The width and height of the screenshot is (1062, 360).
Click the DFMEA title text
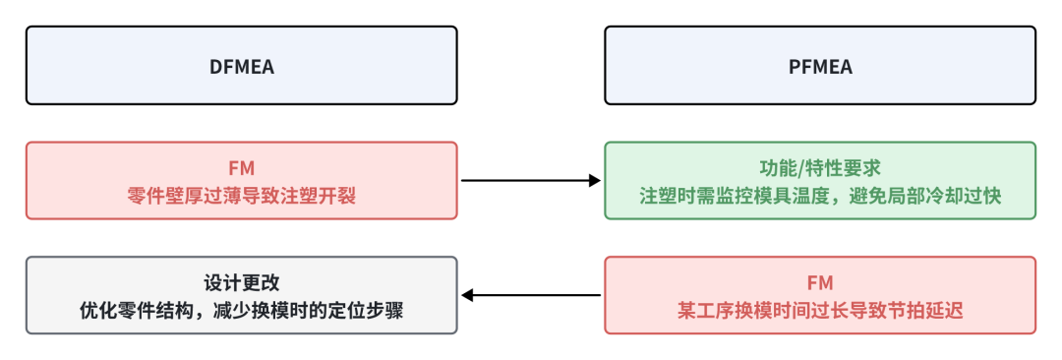241,67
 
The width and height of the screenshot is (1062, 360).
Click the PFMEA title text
820,67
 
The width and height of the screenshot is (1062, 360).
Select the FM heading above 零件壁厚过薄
241,168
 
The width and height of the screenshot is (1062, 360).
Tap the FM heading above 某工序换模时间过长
820,283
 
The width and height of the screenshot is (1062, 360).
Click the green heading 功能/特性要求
820,168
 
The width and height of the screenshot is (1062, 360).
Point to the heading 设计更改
241,283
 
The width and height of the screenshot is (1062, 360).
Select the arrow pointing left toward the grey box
531,295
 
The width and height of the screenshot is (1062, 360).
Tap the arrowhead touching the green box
594,181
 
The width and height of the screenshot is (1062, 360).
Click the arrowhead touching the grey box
468,295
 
